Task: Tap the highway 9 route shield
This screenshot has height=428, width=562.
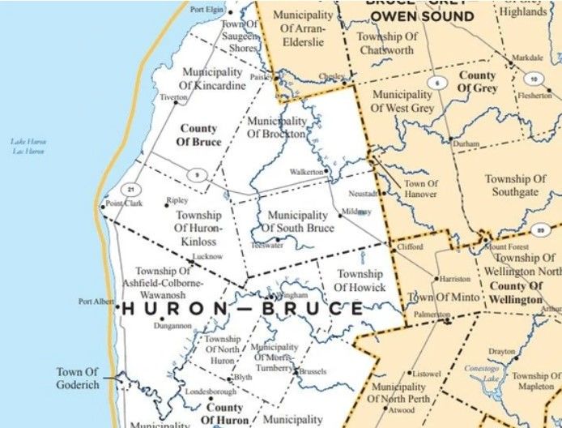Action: click(x=196, y=175)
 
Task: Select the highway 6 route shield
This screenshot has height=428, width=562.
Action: click(x=437, y=83)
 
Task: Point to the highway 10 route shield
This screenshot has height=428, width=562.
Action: click(x=532, y=79)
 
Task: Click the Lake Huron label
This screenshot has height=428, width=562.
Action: click(x=28, y=146)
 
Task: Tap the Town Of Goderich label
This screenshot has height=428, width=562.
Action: click(x=78, y=378)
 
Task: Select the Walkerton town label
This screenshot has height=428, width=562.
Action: click(x=307, y=172)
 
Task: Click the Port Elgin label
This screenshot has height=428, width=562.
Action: click(x=206, y=10)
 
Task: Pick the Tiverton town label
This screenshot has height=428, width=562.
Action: click(x=173, y=97)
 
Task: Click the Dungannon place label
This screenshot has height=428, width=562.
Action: click(x=175, y=326)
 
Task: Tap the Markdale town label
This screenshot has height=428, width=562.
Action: click(x=527, y=58)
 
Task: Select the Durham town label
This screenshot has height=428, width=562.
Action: click(x=466, y=143)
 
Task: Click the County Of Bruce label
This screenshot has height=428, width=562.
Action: click(x=198, y=135)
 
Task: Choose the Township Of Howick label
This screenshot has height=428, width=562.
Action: click(x=360, y=280)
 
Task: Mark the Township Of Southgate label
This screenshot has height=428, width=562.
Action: click(x=515, y=186)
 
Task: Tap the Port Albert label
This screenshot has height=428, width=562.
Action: click(x=96, y=302)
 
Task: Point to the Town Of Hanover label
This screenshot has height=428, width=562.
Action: click(x=421, y=189)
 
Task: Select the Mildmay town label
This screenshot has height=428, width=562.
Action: click(x=357, y=212)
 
